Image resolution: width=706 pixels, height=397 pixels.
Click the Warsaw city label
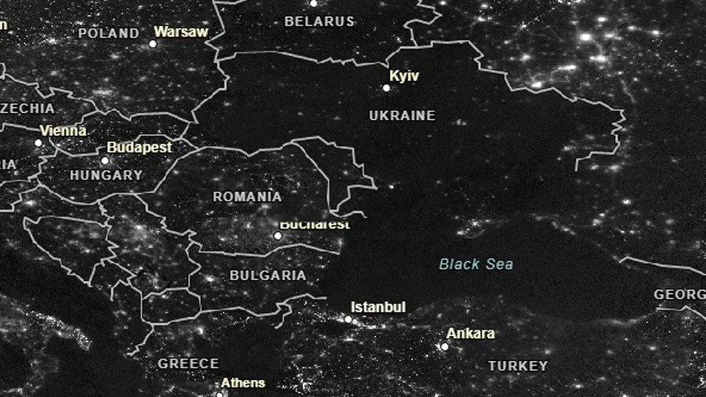(181, 31)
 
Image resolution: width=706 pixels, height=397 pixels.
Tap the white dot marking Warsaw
(153, 44)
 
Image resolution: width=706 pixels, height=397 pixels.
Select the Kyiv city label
(404, 76)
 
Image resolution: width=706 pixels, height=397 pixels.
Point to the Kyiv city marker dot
(386, 88)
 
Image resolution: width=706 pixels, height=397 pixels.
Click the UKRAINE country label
(402, 115)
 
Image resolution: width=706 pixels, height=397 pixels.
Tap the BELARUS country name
(319, 21)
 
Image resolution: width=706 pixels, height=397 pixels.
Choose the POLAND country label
(109, 33)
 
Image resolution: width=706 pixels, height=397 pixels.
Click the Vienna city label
(63, 131)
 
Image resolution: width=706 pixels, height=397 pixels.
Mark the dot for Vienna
(38, 142)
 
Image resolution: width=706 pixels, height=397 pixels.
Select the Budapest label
(139, 148)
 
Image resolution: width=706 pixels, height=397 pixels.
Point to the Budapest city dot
(105, 161)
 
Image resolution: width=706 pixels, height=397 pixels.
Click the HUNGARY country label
(106, 175)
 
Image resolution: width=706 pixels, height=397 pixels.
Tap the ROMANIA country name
(247, 197)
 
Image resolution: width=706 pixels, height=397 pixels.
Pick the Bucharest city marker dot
(277, 236)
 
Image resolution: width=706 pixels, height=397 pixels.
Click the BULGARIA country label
(268, 276)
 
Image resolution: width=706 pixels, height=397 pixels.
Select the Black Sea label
(476, 264)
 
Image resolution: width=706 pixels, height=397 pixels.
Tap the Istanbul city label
(378, 307)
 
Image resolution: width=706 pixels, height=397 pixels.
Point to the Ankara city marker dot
(444, 347)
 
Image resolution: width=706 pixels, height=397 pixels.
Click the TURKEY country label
(518, 366)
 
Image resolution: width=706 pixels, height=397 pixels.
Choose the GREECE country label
(188, 364)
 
